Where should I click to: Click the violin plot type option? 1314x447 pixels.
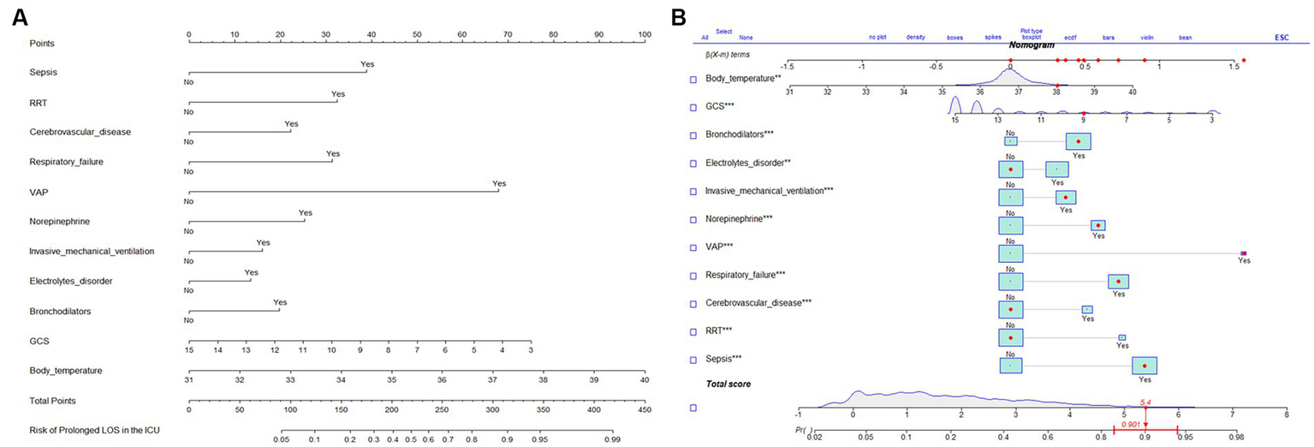(1147, 38)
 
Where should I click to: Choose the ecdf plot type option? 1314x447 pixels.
(1070, 38)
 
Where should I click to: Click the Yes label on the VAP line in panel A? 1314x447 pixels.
(499, 183)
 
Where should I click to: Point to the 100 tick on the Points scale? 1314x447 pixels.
(644, 34)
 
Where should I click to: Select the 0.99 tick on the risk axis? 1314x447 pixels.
(611, 439)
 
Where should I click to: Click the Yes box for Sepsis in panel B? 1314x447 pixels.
(1145, 366)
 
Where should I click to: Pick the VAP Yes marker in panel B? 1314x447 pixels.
(1244, 253)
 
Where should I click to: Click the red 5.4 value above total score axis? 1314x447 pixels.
(1145, 401)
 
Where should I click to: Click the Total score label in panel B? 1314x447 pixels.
(728, 384)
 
